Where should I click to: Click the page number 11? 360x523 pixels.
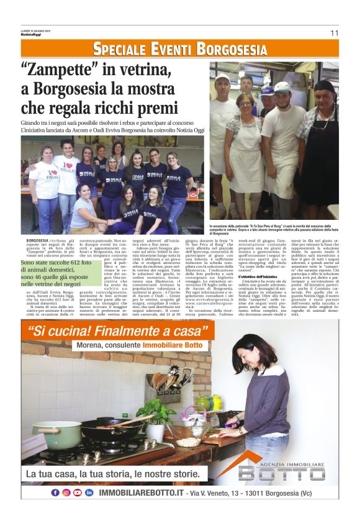(334, 33)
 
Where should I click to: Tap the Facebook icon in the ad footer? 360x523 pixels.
(55, 493)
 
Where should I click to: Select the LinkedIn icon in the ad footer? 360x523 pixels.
(89, 493)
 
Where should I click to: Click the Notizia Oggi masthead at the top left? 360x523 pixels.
(29, 35)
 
